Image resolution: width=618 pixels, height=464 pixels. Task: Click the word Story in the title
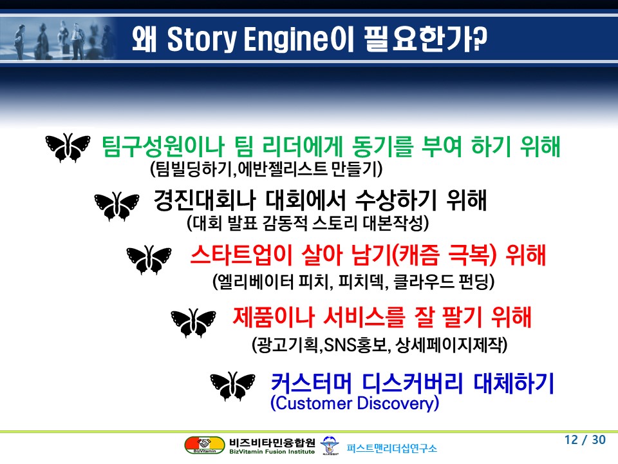coord(201,39)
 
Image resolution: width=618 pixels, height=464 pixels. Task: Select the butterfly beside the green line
coord(68,148)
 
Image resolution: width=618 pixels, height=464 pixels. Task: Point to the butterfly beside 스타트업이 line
coord(149,260)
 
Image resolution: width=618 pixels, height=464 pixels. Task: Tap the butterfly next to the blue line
coord(232,386)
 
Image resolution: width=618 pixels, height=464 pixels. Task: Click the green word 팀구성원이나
coord(163,146)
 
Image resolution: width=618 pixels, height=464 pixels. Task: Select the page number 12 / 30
coord(585,440)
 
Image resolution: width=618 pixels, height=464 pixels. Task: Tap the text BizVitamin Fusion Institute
coord(272,452)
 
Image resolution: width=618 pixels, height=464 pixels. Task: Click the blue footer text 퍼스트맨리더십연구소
coord(392,449)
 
